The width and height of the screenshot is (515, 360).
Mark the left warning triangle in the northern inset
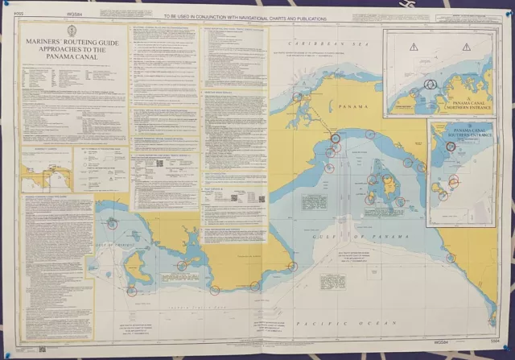(413, 48)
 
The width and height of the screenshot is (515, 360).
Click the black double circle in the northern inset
(430, 85)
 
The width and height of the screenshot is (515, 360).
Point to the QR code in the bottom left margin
(41, 350)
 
